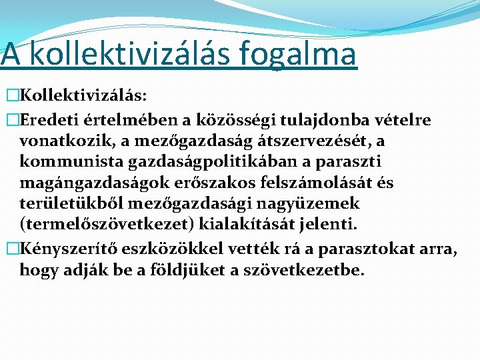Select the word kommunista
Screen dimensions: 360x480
click(63, 161)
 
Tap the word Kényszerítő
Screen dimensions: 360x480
click(59, 250)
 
